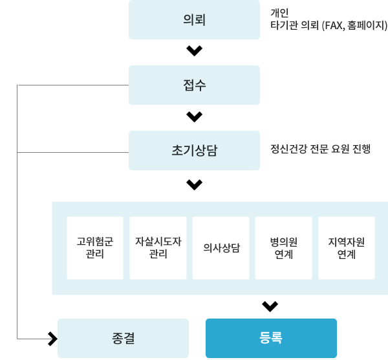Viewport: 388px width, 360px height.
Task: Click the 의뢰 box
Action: click(194, 19)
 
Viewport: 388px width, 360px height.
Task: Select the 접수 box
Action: click(194, 85)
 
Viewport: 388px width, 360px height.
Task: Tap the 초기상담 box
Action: click(194, 150)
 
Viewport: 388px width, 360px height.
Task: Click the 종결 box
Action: click(123, 338)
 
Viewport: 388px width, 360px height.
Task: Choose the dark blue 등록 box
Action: click(271, 338)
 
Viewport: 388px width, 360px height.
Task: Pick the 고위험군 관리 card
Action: click(95, 248)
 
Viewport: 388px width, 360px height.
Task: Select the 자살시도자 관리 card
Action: click(158, 248)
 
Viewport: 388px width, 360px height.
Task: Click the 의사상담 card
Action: click(221, 248)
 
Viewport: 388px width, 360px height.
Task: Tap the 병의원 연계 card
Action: click(284, 248)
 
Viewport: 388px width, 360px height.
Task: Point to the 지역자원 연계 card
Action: click(347, 248)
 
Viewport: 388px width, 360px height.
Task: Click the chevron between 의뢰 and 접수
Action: click(194, 51)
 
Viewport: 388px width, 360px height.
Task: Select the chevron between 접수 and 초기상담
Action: click(194, 117)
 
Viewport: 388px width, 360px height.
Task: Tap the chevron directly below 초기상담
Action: click(194, 185)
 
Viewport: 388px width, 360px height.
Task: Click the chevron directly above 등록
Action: click(270, 306)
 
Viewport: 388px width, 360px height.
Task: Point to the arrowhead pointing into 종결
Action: click(53, 339)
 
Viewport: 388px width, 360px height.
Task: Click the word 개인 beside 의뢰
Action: click(279, 13)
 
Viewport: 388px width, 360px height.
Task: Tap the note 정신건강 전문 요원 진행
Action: click(321, 149)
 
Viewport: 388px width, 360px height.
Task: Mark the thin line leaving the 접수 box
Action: click(73, 85)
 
